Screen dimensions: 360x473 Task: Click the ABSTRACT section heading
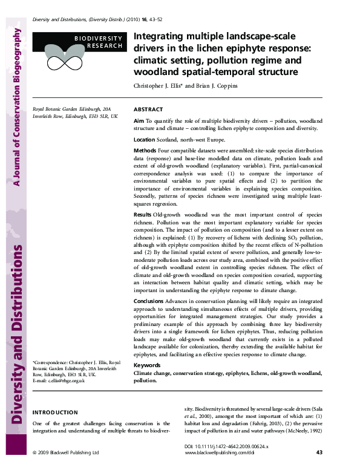click(148, 109)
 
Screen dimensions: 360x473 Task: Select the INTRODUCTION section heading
click(55, 412)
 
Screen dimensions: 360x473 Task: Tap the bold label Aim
click(138, 122)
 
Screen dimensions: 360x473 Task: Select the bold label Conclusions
click(148, 301)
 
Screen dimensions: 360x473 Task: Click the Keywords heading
click(146, 366)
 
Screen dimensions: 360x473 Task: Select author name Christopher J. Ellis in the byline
click(159, 86)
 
